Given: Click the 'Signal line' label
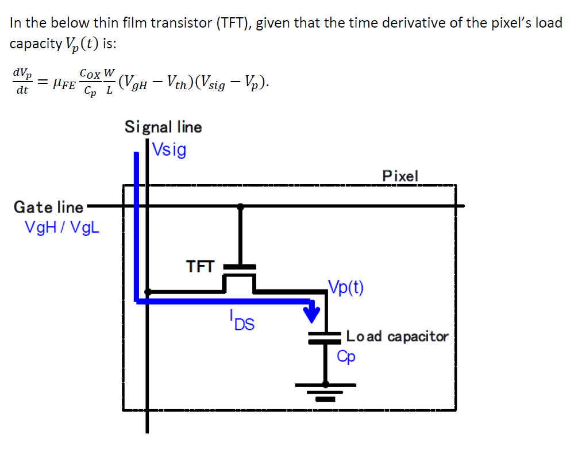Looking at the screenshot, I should (x=163, y=126).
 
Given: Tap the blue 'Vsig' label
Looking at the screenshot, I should (x=169, y=150).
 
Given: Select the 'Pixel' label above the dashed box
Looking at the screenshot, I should (x=400, y=175).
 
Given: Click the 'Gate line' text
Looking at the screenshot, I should (x=48, y=207).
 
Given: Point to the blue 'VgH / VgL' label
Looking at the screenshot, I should (x=62, y=227).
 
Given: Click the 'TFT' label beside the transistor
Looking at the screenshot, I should (x=200, y=267).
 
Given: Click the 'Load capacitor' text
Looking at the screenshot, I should (x=397, y=336).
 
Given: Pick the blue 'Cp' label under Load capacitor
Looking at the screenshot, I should (x=346, y=357).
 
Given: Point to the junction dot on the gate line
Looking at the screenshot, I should (x=240, y=206).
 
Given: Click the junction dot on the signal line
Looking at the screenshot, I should (x=148, y=291).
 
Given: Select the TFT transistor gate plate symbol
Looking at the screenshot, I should (x=240, y=267).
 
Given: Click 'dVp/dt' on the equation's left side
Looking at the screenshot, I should (x=22, y=81).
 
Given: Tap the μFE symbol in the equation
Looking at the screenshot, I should (x=64, y=84).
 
